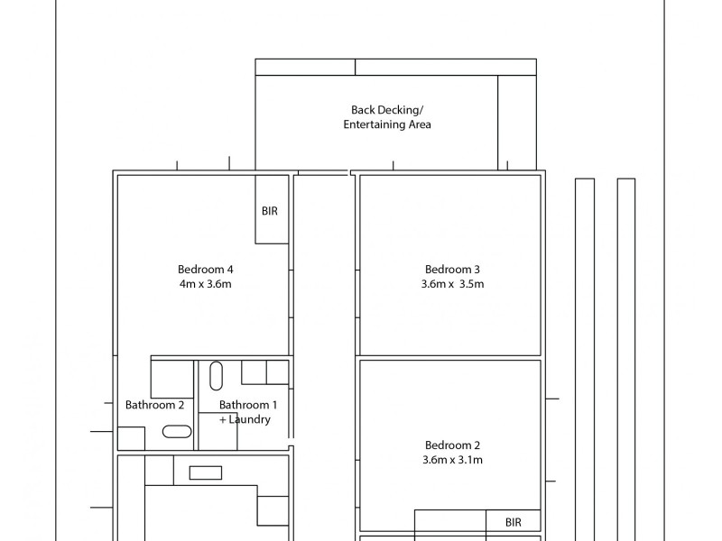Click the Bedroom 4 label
click(206, 270)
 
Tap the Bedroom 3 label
click(452, 270)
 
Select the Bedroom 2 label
click(452, 445)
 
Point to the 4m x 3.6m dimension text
click(206, 284)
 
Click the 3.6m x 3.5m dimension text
click(452, 284)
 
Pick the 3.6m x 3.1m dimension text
click(452, 460)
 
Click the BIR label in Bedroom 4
click(270, 211)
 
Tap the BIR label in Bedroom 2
click(514, 522)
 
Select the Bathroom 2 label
click(154, 405)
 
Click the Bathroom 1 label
click(248, 405)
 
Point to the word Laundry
click(250, 419)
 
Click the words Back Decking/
click(387, 110)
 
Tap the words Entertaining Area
click(387, 124)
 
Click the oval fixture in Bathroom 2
click(177, 432)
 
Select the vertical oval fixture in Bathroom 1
click(216, 376)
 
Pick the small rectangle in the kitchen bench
click(206, 472)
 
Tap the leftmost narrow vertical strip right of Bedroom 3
click(585, 360)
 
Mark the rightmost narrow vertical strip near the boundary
click(626, 360)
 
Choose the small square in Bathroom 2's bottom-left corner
click(131, 438)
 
